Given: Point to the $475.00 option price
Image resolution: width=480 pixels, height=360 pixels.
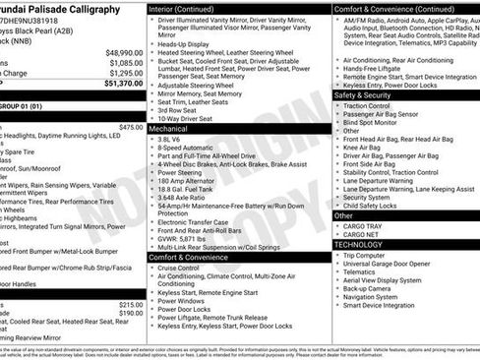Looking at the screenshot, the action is click(130, 127).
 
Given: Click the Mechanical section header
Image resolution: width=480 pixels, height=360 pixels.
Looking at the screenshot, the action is click(169, 129).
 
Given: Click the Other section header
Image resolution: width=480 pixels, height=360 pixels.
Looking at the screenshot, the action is click(344, 215).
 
